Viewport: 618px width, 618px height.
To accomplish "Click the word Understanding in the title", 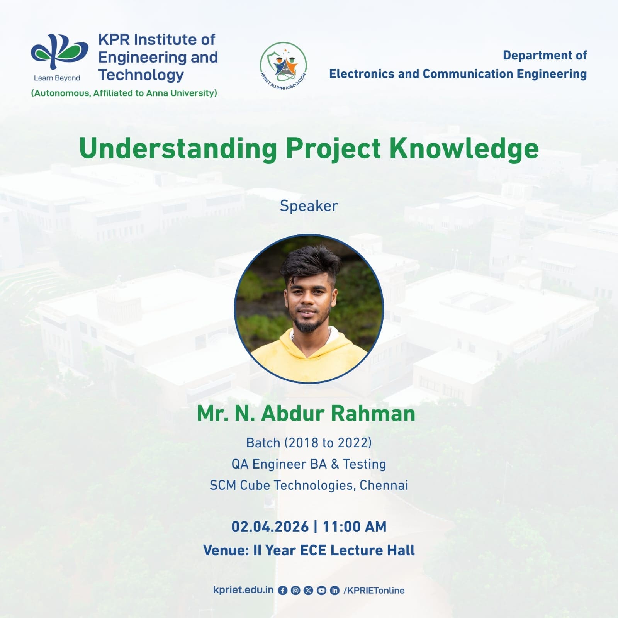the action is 178,149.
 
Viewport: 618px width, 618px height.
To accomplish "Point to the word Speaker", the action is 309,206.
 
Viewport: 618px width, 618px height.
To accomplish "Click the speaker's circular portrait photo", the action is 309,309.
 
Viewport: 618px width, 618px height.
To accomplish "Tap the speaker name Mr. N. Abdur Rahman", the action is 306,413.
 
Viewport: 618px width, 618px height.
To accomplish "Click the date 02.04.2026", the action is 270,527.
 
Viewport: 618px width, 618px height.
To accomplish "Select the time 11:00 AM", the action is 354,527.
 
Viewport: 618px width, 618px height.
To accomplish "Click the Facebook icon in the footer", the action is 283,591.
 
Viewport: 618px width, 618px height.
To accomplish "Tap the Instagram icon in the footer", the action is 295,591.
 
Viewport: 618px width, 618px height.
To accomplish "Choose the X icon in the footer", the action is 308,591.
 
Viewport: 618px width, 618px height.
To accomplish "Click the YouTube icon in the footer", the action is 321,591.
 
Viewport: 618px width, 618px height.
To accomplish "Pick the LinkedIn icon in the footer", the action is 334,591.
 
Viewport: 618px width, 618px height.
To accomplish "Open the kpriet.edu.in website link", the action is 243,590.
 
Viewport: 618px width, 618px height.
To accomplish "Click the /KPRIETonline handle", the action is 374,590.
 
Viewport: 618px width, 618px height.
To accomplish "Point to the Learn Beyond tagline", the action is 57,78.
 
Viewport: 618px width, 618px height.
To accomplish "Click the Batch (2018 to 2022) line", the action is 309,443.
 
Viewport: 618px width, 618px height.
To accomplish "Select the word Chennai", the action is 384,485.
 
